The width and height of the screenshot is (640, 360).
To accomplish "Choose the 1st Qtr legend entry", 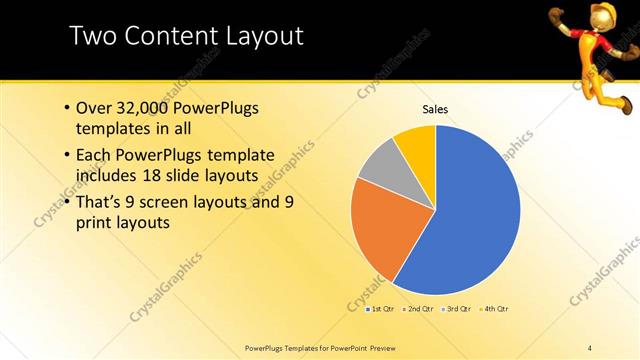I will pyautogui.click(x=380, y=308).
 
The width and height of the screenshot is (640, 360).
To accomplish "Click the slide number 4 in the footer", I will pyautogui.click(x=590, y=347).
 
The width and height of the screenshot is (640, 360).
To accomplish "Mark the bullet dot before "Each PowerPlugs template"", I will pyautogui.click(x=66, y=156).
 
